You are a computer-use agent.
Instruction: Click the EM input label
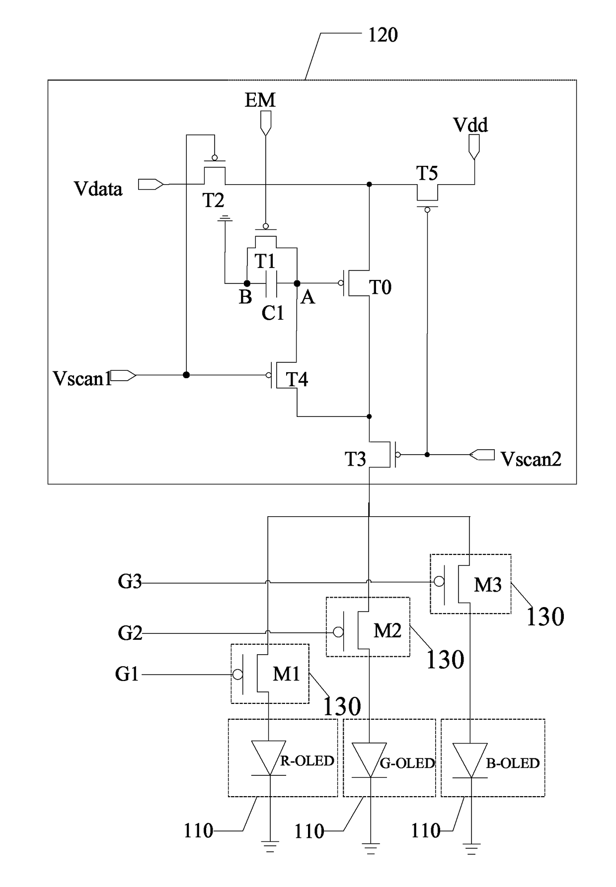coord(260,100)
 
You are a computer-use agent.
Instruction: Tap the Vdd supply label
coord(470,125)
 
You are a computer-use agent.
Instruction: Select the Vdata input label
coord(98,189)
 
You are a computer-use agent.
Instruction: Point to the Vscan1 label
coord(82,379)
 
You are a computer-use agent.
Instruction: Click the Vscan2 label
coord(531,459)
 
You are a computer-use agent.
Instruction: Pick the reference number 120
coord(383,35)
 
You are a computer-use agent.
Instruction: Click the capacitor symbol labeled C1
coord(271,283)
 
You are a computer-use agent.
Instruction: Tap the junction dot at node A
coord(297,283)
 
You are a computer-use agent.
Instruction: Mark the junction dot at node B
coord(247,283)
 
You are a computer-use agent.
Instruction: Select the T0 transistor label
coord(380,287)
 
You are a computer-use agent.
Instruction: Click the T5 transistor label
coord(427,173)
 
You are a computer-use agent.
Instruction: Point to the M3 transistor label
coord(487,585)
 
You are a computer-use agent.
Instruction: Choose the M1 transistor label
coord(287,674)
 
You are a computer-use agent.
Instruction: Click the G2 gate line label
coord(130,633)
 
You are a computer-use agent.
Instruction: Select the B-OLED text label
coord(513,763)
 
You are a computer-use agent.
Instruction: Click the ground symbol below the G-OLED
coord(370,848)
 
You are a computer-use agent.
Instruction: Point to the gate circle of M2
coord(338,632)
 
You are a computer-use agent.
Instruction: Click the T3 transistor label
coord(356,459)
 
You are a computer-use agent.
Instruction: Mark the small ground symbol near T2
coord(226,218)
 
